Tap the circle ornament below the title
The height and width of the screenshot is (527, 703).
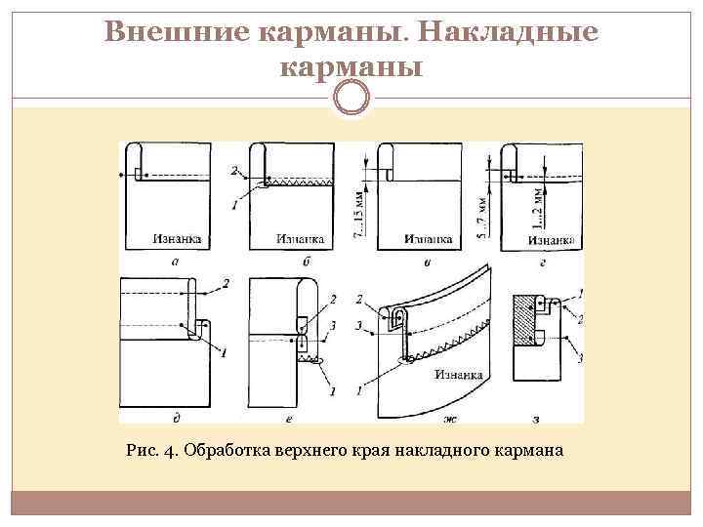[x=351, y=98]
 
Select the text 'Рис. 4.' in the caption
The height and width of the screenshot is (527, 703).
[x=151, y=451]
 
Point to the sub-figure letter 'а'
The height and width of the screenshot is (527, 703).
[x=173, y=261]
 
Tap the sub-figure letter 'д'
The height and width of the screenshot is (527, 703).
[x=175, y=419]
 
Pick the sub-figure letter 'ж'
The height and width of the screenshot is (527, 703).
[x=450, y=420]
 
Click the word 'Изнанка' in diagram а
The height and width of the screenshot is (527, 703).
[x=178, y=237]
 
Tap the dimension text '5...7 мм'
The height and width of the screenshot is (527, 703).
[x=481, y=219]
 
